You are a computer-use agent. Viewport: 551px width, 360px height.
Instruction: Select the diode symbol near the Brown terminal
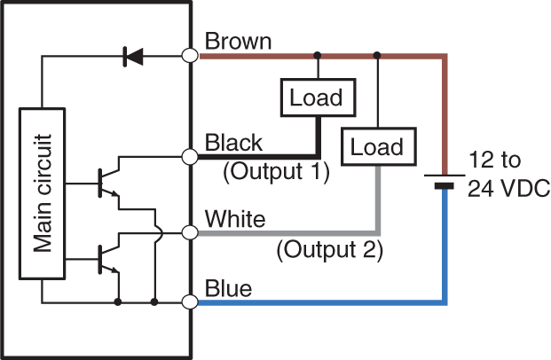(134, 56)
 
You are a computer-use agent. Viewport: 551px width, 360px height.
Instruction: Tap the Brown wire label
(238, 41)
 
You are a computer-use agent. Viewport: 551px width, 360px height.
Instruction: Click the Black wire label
(233, 143)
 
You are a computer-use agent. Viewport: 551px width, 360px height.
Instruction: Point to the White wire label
(234, 218)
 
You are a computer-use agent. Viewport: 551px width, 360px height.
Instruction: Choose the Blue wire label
(228, 289)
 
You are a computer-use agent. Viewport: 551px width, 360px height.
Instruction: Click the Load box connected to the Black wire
(317, 98)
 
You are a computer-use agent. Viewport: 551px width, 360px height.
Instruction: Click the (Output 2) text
(330, 250)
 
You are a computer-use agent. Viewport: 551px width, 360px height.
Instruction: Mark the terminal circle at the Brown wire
(189, 55)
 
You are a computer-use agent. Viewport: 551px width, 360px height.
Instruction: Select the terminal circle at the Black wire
(189, 157)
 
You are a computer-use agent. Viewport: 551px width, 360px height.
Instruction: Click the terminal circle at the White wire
(189, 232)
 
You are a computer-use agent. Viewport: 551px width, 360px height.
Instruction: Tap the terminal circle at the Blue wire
(189, 302)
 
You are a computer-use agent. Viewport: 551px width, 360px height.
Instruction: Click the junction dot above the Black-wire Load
(317, 55)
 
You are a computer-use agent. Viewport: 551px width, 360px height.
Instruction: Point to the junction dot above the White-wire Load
(378, 55)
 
